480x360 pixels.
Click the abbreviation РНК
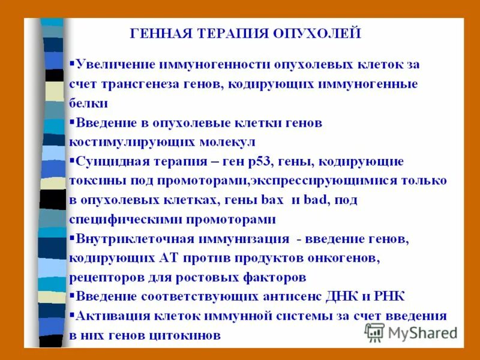tap(390, 296)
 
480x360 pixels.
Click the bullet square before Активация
tap(72, 314)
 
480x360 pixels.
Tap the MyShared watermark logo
tap(410, 332)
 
